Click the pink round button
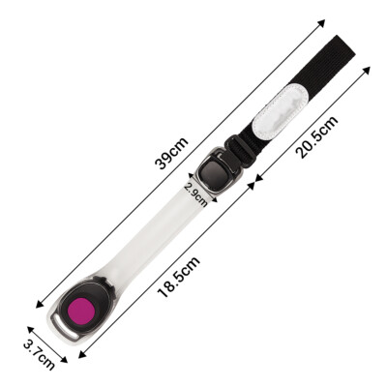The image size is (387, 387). (81, 312)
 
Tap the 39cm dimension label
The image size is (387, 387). (171, 154)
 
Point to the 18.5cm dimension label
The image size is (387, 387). (178, 277)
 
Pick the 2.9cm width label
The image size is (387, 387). (196, 194)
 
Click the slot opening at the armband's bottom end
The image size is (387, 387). (65, 327)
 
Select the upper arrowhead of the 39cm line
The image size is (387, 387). (321, 23)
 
